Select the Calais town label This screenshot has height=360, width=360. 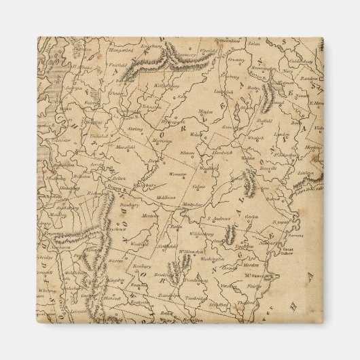(x=198, y=186)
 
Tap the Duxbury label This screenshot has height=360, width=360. (x=113, y=203)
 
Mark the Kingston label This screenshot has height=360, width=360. (x=116, y=279)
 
